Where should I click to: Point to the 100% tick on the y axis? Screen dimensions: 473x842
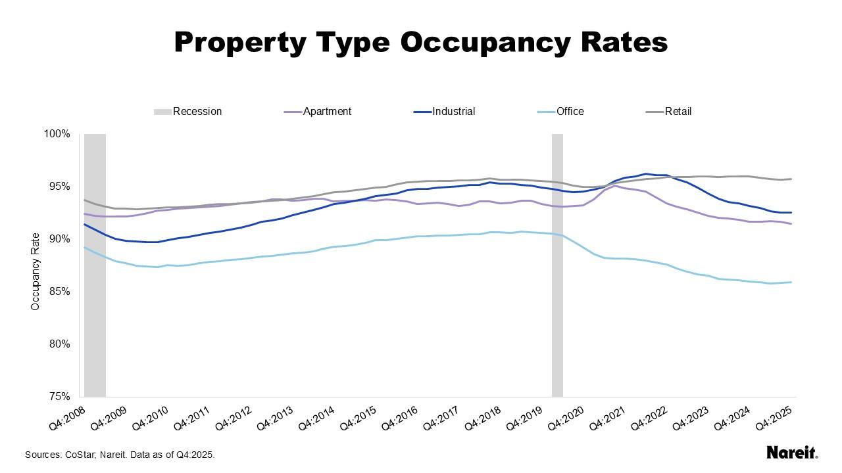point(57,134)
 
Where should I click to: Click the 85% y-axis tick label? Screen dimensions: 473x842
point(58,292)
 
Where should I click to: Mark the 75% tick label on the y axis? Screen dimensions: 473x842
point(58,397)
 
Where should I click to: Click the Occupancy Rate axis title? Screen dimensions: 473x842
point(36,271)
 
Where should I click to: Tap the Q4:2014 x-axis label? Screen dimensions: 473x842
point(317,417)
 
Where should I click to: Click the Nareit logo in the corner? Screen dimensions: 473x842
point(792,453)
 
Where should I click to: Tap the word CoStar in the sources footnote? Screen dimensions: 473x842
point(80,455)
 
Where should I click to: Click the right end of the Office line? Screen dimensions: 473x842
point(791,282)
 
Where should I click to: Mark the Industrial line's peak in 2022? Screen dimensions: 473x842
point(646,174)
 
